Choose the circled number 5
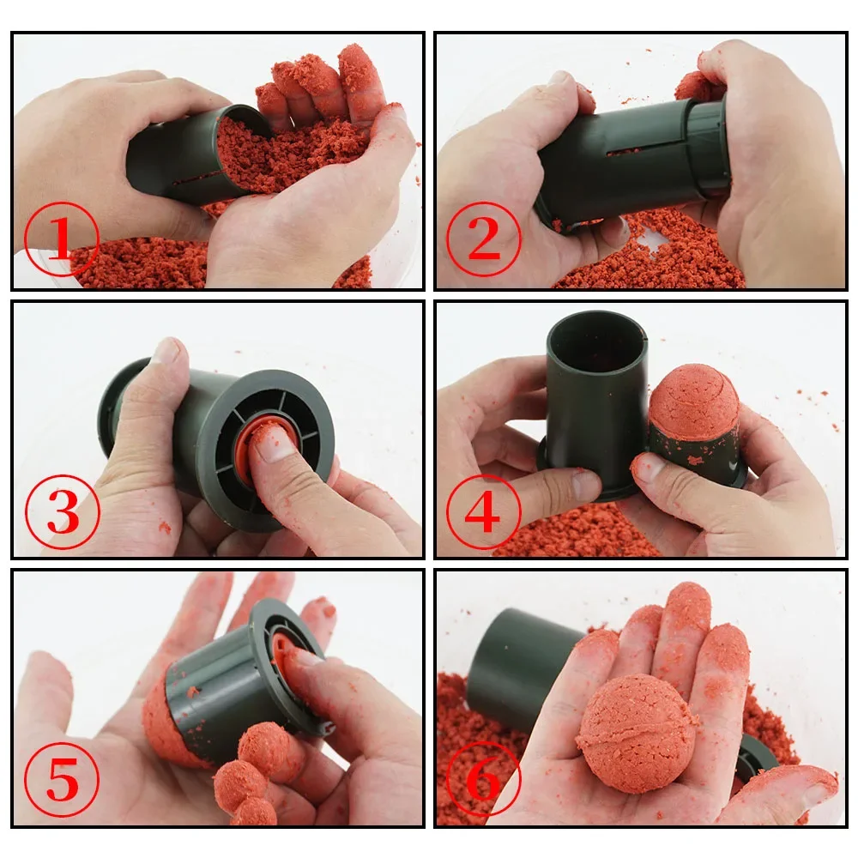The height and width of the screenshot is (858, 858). coord(61,782)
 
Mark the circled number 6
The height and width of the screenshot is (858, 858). coord(483,780)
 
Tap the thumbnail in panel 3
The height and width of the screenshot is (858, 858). coord(166,351)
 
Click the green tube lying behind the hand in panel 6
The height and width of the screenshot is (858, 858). coord(519,653)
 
